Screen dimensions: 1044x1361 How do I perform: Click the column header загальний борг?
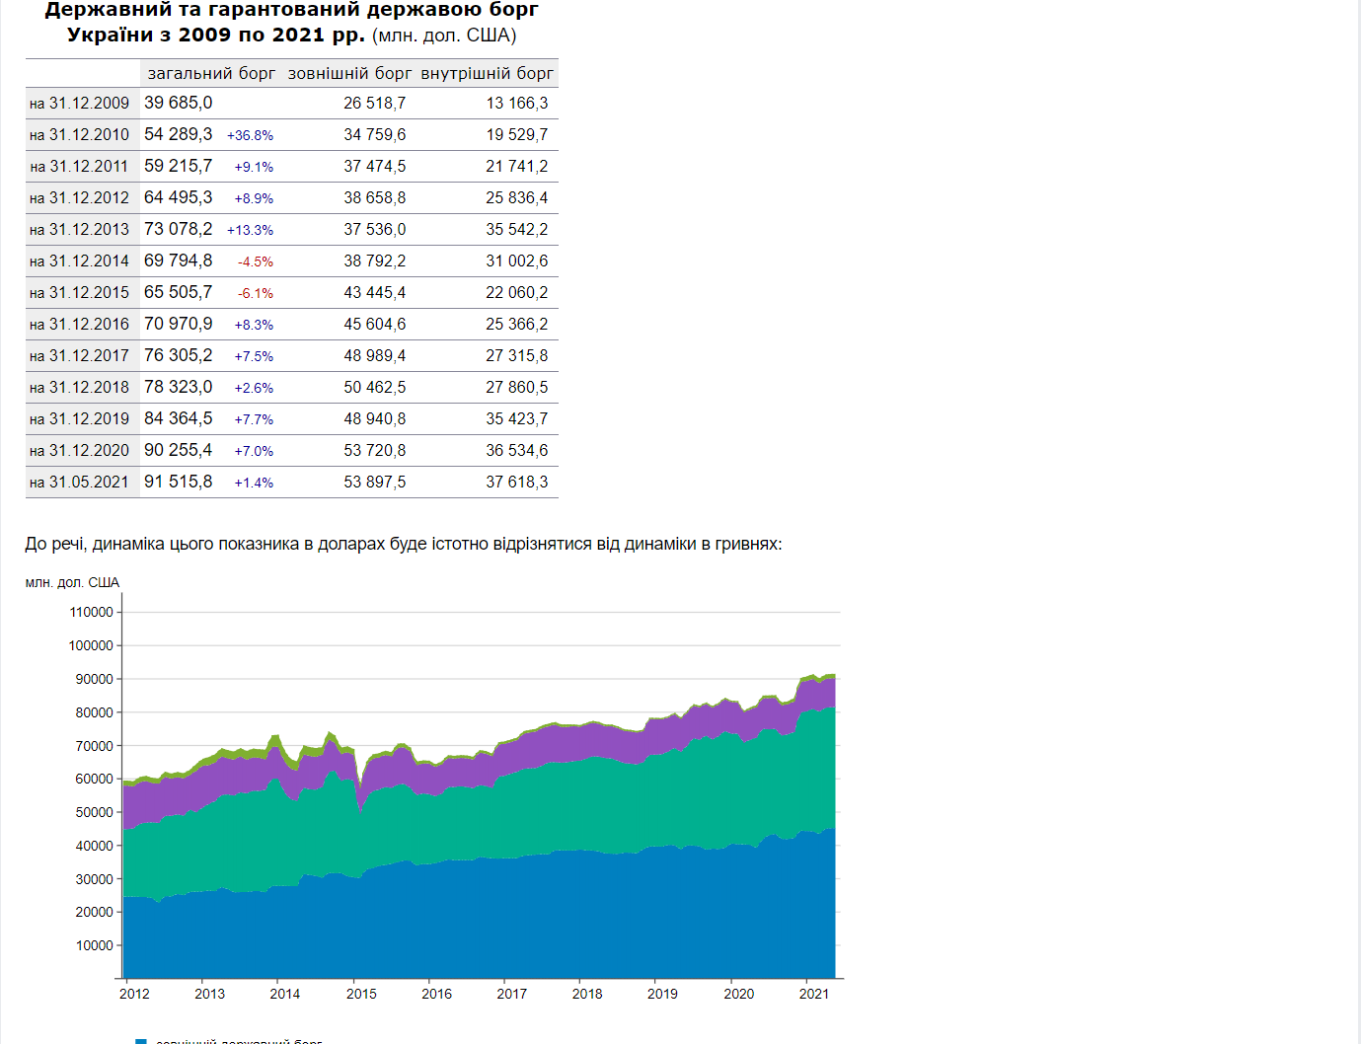click(211, 73)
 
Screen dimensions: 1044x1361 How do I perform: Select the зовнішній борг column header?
click(349, 73)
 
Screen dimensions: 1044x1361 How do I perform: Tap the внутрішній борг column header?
click(487, 73)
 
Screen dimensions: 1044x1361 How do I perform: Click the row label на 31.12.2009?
click(79, 104)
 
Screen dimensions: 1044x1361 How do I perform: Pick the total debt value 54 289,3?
click(178, 134)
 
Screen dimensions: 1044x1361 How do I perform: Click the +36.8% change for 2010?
click(250, 135)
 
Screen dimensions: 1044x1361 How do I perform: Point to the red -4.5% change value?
click(255, 261)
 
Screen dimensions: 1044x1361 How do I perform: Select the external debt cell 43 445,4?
click(374, 293)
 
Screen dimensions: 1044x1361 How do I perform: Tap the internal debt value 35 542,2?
click(516, 230)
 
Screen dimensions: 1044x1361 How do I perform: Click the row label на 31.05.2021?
click(79, 483)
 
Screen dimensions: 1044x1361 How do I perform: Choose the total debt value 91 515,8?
click(178, 482)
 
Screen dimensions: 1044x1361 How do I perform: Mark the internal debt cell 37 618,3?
click(516, 483)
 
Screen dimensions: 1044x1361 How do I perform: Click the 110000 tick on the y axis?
click(91, 612)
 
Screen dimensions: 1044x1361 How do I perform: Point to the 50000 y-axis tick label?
click(94, 812)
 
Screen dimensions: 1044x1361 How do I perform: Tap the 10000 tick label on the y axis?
click(94, 945)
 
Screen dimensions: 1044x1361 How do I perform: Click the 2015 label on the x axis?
click(361, 994)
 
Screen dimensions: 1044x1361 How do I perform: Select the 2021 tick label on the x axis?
click(813, 994)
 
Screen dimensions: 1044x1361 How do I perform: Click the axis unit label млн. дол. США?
click(72, 582)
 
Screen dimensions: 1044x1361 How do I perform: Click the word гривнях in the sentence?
click(747, 544)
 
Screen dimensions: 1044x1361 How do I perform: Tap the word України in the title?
click(111, 35)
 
